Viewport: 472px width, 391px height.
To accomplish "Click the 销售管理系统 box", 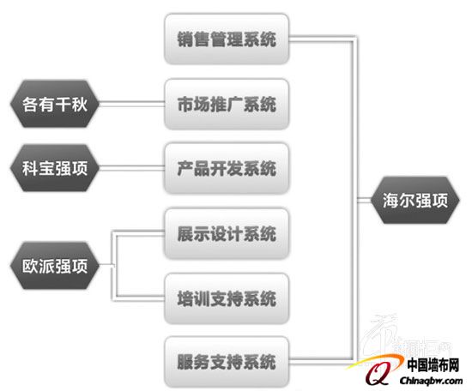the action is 227,39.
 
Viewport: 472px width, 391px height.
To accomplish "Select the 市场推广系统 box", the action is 227,104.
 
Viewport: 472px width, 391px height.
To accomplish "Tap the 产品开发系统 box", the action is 227,168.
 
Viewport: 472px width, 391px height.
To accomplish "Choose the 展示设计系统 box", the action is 227,233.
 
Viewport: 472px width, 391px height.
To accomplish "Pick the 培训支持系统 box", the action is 227,298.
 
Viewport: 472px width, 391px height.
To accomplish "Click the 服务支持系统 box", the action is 227,362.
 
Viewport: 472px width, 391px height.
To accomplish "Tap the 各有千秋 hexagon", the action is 55,104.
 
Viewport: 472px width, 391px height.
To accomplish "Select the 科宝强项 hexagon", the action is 55,168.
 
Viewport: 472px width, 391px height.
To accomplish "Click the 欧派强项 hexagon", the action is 55,266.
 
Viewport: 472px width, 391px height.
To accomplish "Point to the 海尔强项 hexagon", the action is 415,200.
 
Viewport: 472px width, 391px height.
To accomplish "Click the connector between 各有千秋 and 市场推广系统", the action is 132,104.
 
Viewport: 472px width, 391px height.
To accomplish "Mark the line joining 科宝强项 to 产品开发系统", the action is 132,168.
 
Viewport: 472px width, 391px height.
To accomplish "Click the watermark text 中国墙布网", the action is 433,365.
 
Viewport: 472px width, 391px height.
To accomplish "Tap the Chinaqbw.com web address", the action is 431,381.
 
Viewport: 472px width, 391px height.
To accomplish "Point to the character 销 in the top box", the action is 185,39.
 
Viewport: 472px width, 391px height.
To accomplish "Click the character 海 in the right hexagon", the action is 390,201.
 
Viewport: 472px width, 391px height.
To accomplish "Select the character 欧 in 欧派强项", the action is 30,266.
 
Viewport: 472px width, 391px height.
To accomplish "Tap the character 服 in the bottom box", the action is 185,362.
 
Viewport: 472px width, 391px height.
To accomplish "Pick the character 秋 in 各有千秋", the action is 80,104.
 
